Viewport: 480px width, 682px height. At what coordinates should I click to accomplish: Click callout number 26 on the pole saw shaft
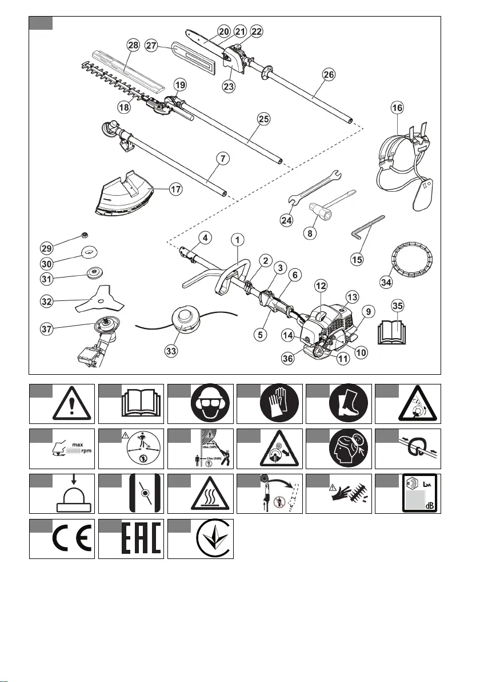click(329, 75)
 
